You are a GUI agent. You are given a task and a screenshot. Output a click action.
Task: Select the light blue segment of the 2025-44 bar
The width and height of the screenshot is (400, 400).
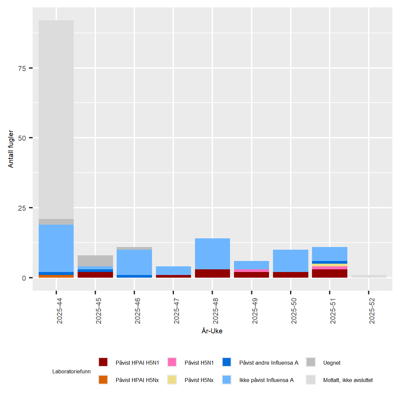click(x=56, y=248)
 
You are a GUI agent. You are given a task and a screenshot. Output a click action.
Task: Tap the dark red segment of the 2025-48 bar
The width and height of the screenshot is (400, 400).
click(x=212, y=273)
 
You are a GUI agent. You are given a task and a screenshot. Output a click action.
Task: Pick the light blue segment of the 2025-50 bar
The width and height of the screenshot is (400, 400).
click(x=290, y=261)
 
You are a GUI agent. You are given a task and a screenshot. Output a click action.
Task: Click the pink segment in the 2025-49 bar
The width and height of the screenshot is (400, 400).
click(x=251, y=270)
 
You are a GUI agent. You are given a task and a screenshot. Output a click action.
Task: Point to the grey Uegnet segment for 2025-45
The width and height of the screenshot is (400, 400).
click(x=95, y=261)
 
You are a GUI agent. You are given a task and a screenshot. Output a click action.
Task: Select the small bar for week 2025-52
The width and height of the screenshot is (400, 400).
click(x=369, y=276)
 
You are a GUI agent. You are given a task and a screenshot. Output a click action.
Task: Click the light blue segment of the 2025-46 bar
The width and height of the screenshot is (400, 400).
click(x=134, y=262)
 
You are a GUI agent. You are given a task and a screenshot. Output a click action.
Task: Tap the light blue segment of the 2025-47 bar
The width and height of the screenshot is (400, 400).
click(x=173, y=270)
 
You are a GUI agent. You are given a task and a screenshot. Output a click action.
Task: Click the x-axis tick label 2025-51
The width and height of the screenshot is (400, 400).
click(x=333, y=311)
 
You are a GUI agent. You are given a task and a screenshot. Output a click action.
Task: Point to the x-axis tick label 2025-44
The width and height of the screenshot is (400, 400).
click(x=59, y=311)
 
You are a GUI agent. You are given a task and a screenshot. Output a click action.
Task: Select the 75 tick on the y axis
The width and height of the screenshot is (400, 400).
click(x=22, y=68)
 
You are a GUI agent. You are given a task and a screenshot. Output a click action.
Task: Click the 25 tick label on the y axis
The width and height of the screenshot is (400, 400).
click(x=22, y=208)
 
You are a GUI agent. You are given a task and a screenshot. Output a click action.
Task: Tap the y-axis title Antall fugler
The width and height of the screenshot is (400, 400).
click(x=11, y=149)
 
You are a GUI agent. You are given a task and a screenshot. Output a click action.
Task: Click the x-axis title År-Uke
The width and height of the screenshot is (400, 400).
click(x=212, y=331)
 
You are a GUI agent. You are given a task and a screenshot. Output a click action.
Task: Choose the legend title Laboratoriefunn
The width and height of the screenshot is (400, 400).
click(x=71, y=371)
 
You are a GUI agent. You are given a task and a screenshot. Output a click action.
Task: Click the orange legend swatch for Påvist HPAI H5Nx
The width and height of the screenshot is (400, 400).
click(x=103, y=380)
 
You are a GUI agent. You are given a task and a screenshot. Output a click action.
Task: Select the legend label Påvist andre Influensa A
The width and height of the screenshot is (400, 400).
click(x=269, y=363)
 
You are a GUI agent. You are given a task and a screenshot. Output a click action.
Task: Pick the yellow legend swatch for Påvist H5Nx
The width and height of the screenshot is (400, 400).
click(x=172, y=380)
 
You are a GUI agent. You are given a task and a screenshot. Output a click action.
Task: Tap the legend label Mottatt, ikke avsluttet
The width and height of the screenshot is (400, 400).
click(x=348, y=380)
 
